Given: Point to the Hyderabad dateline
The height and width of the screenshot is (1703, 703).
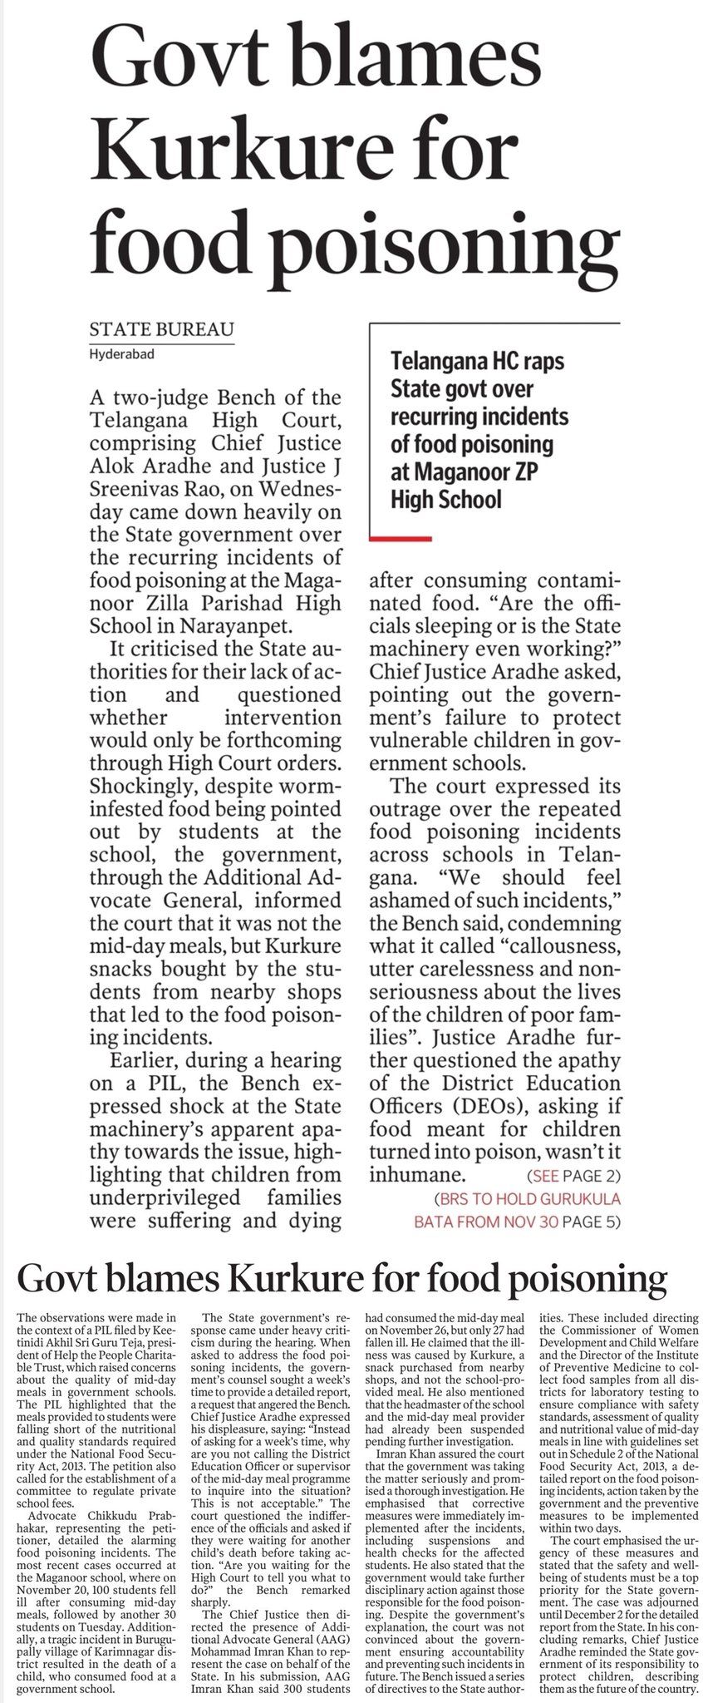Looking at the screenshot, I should pyautogui.click(x=121, y=354).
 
